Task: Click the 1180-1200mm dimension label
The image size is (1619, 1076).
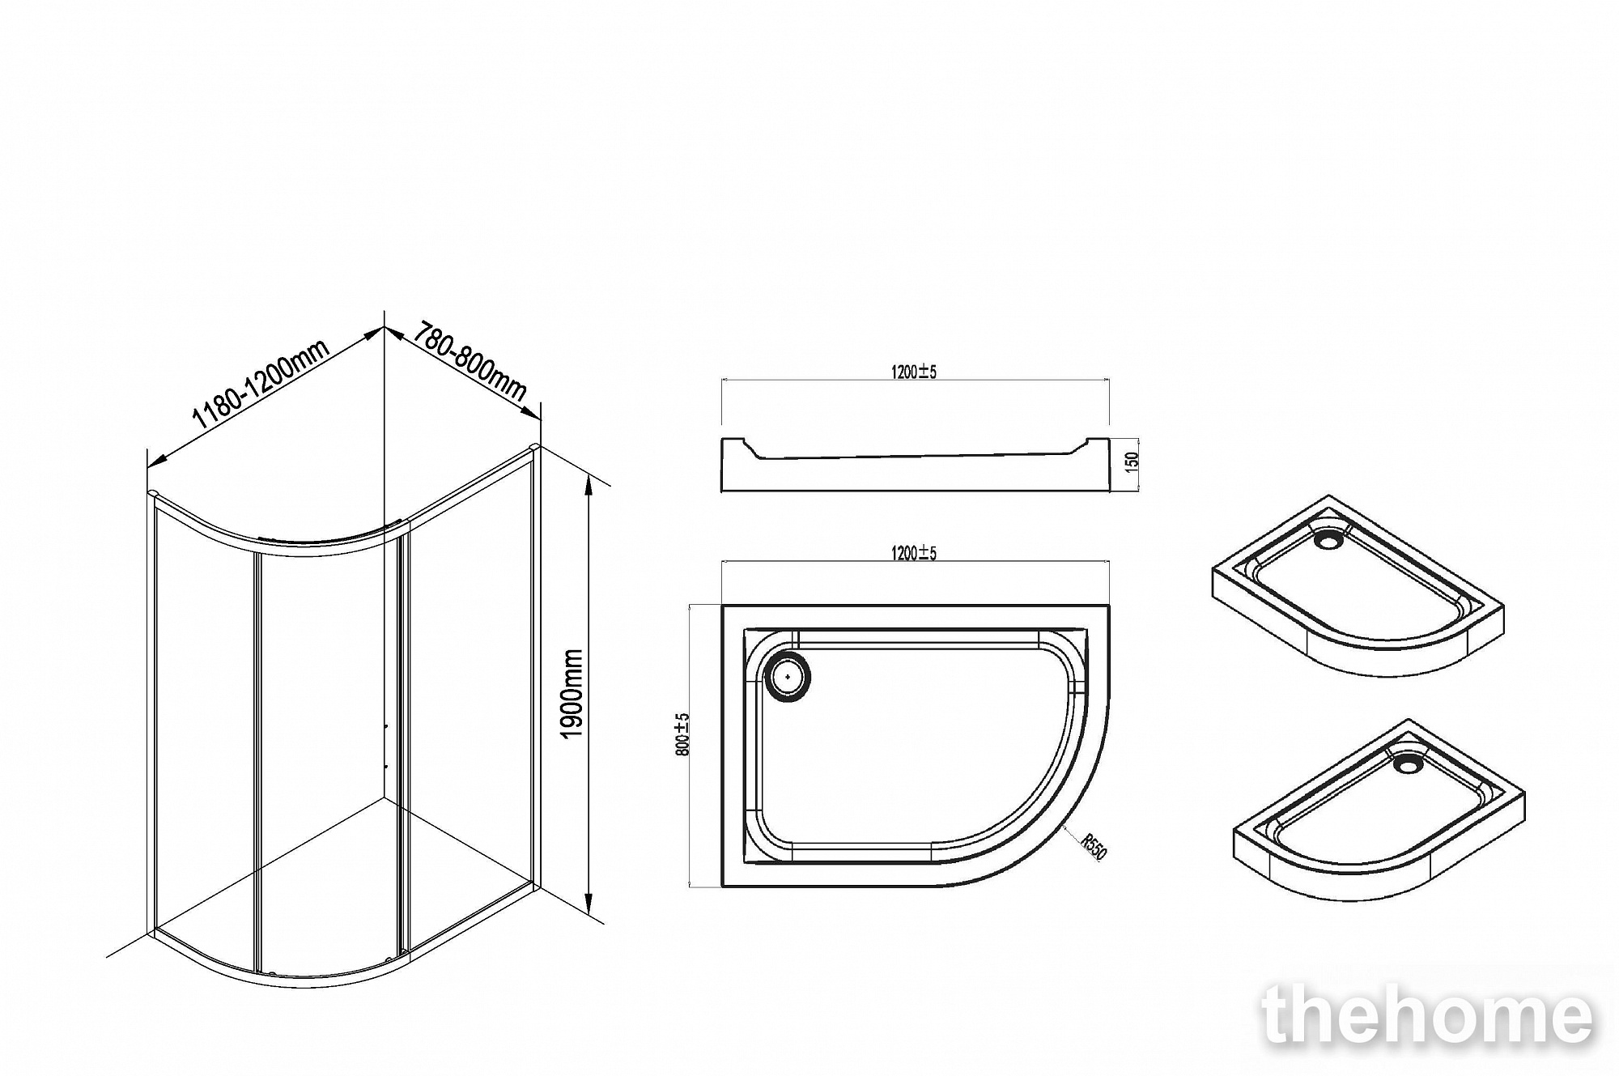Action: coord(260,385)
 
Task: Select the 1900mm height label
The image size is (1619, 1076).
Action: coord(572,693)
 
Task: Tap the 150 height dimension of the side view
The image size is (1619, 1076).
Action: coord(1132,461)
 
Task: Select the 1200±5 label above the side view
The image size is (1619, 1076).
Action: coord(914,372)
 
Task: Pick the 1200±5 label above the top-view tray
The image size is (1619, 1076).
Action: coord(914,553)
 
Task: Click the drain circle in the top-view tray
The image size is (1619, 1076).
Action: coord(788,676)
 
